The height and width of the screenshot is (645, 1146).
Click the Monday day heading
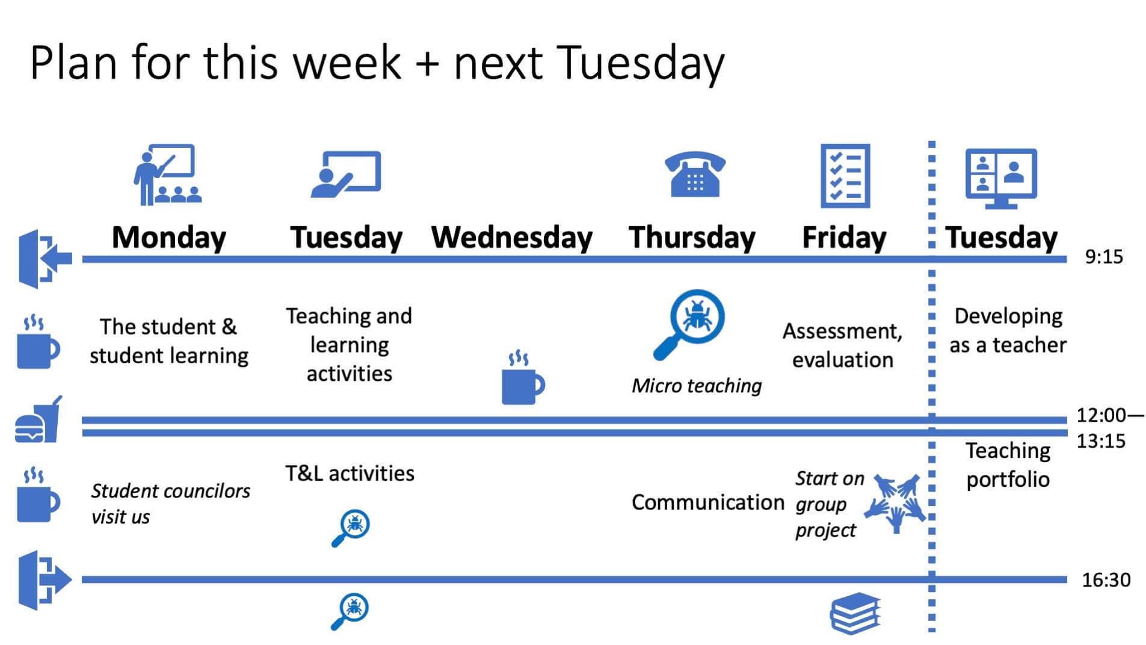(x=169, y=238)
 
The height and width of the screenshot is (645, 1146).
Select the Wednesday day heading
(x=512, y=238)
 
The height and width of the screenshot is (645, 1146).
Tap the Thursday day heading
(x=692, y=238)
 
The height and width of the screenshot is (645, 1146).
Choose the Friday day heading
(x=844, y=238)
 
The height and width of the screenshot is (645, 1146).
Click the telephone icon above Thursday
(x=695, y=174)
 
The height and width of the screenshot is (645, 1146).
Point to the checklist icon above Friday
(x=845, y=176)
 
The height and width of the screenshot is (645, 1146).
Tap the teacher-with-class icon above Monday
(x=167, y=174)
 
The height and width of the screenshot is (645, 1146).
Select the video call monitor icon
(x=1001, y=179)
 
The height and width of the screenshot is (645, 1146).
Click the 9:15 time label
(x=1104, y=257)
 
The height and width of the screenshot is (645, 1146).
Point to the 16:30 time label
(x=1106, y=580)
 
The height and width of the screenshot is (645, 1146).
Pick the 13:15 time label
(x=1101, y=441)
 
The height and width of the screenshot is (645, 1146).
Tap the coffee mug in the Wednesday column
(x=523, y=378)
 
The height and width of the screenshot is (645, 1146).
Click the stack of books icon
(x=855, y=614)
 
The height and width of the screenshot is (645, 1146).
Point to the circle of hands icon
(x=895, y=502)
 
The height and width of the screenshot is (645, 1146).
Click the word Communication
(x=708, y=502)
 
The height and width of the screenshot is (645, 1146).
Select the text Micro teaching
(x=697, y=386)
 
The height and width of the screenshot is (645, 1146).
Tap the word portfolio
(x=1008, y=480)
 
